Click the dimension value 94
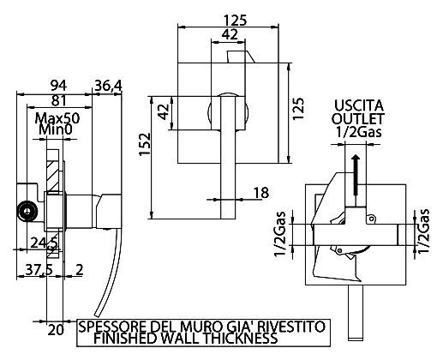[x=58, y=86]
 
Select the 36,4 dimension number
[x=108, y=86]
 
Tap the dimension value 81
[x=58, y=100]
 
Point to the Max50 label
[x=57, y=118]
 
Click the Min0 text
[x=56, y=129]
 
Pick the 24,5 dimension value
[x=45, y=243]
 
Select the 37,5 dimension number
[x=39, y=270]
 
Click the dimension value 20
[x=56, y=330]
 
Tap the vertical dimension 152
[x=145, y=144]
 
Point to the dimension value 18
[x=261, y=193]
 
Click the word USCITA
[x=359, y=105]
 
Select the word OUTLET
[x=358, y=118]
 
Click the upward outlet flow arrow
[x=356, y=175]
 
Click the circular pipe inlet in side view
[x=27, y=212]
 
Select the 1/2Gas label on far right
[x=423, y=231]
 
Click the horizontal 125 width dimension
[x=235, y=21]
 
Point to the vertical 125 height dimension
[x=298, y=110]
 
